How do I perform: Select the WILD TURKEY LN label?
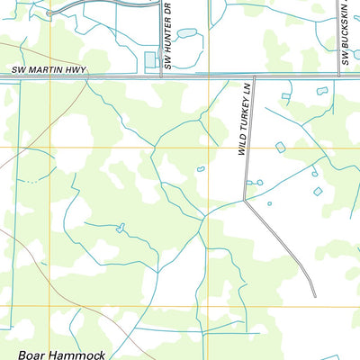[242, 120]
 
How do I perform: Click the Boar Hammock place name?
[59, 354]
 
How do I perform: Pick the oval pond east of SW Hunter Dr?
[186, 33]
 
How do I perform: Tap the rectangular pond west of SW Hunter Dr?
[149, 61]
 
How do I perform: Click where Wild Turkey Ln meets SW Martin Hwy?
[254, 77]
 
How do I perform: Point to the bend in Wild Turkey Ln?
[246, 199]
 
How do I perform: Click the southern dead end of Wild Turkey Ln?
[315, 296]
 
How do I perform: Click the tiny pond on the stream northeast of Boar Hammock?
[120, 229]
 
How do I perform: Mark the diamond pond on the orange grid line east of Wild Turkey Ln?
[279, 147]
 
